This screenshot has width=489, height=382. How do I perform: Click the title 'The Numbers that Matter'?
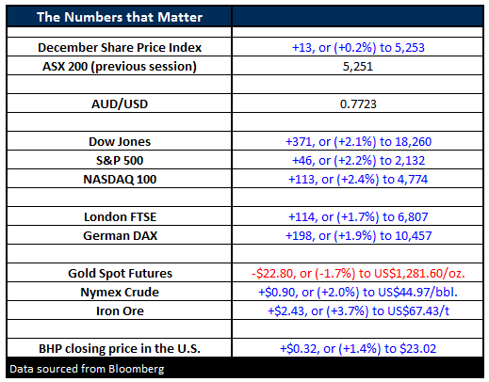[x=120, y=17]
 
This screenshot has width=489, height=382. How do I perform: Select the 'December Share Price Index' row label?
[x=120, y=47]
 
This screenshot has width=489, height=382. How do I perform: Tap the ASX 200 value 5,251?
[x=358, y=67]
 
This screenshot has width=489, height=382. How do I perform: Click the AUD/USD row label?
[x=120, y=103]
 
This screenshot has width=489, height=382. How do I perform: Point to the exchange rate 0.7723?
[x=358, y=103]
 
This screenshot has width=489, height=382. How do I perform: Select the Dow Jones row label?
[x=120, y=141]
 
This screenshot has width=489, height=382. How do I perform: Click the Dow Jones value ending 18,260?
[x=358, y=142]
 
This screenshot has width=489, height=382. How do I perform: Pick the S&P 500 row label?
[x=120, y=160]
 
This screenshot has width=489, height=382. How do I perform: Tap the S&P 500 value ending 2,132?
[x=358, y=161]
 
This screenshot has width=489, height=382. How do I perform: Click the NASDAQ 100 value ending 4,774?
[x=358, y=180]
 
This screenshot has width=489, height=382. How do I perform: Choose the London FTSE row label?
[x=120, y=216]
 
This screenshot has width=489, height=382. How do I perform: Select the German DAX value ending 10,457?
[x=358, y=236]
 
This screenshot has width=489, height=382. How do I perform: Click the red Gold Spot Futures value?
[x=358, y=274]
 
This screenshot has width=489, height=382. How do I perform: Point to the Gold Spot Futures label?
[x=120, y=273]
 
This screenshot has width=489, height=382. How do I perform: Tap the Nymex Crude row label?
[x=120, y=293]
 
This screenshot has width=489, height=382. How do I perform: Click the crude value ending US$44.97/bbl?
[x=358, y=293]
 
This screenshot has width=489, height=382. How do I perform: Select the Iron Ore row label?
[x=120, y=310]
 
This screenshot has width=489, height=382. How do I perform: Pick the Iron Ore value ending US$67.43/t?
[x=358, y=311]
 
